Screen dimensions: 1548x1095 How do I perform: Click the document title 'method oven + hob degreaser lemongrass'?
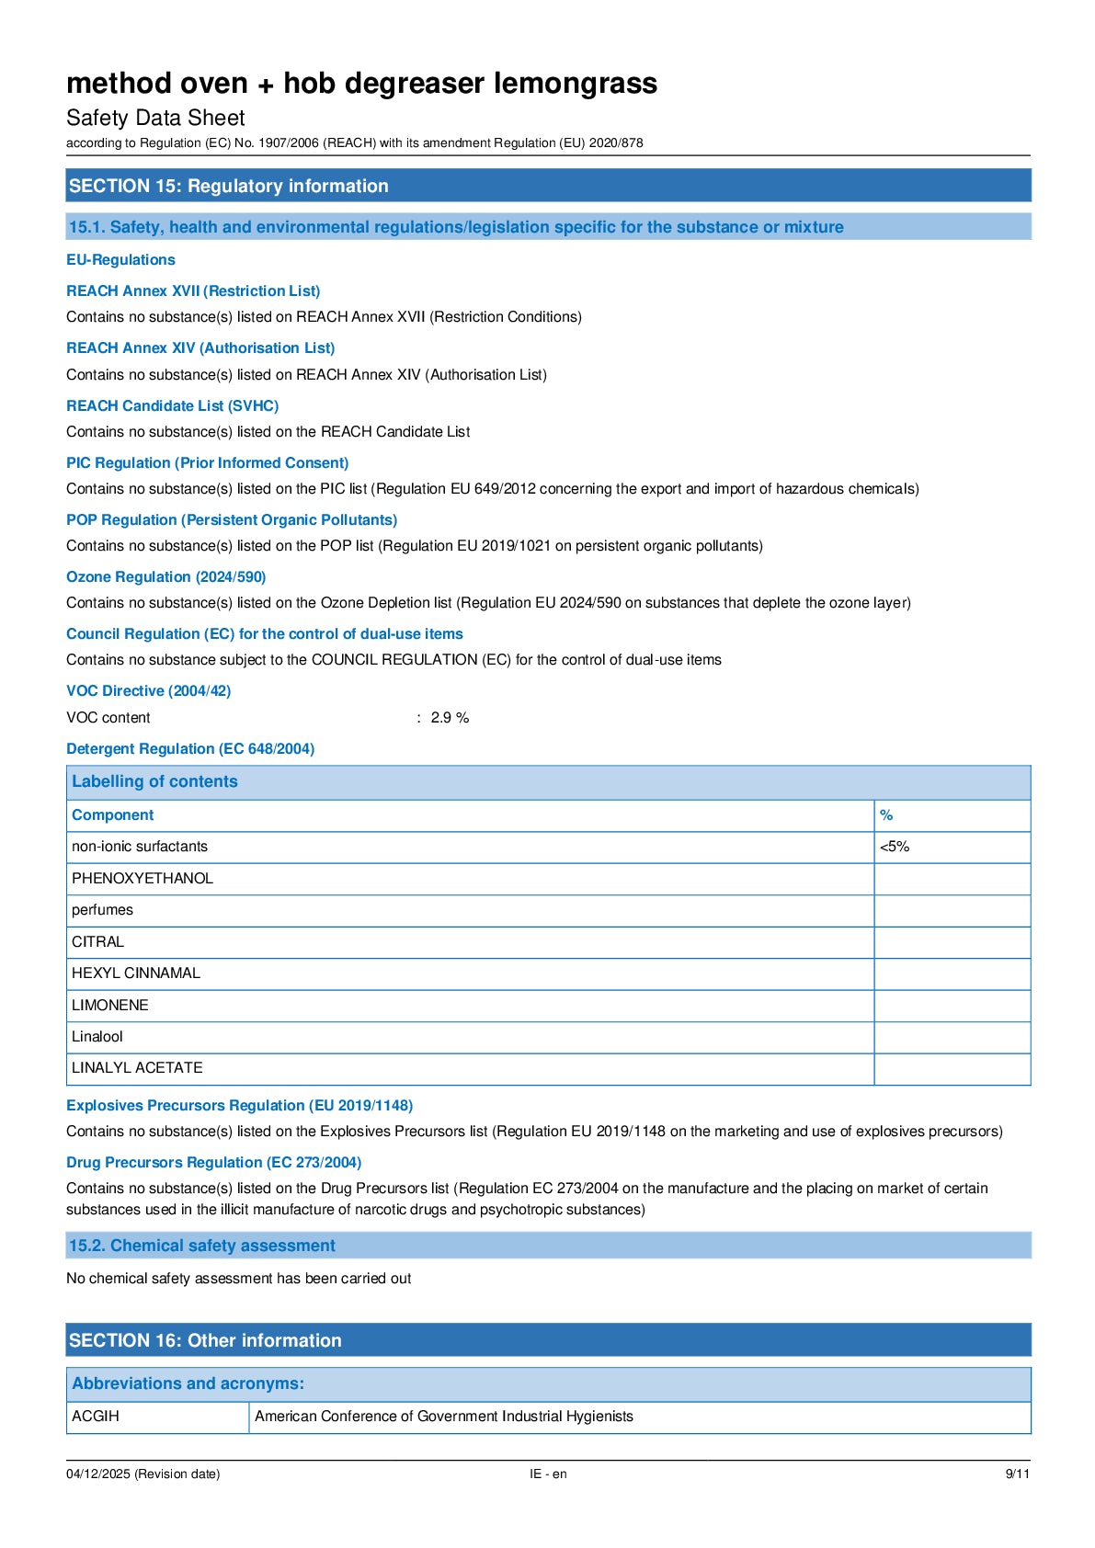(361, 84)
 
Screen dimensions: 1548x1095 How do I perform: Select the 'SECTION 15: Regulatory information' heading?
(229, 186)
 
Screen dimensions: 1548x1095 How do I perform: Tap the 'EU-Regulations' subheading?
(120, 260)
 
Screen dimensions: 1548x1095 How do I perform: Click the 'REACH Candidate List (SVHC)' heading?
(172, 405)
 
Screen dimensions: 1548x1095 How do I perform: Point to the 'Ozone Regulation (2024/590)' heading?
(165, 577)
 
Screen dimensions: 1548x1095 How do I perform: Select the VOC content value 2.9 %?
(450, 718)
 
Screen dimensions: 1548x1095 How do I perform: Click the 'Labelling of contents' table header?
(154, 781)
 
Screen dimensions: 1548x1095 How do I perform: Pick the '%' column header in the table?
(886, 815)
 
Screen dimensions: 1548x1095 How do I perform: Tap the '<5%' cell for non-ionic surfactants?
(895, 847)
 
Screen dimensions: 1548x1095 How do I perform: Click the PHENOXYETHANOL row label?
(143, 879)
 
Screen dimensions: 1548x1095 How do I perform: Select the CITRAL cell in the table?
(97, 942)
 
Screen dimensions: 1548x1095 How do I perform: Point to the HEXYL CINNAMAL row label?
(136, 973)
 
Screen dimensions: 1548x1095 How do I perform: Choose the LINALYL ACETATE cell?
(137, 1068)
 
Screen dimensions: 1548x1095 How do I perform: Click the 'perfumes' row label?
(102, 910)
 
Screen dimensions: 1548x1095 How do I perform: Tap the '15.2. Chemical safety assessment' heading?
(202, 1246)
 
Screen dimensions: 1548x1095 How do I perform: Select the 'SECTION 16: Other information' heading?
(205, 1340)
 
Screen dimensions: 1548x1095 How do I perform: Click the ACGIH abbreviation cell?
(96, 1417)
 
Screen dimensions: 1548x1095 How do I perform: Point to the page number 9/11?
(1017, 1474)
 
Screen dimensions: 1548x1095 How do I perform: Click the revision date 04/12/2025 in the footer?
(143, 1474)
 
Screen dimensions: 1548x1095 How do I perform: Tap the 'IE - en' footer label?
(548, 1474)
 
